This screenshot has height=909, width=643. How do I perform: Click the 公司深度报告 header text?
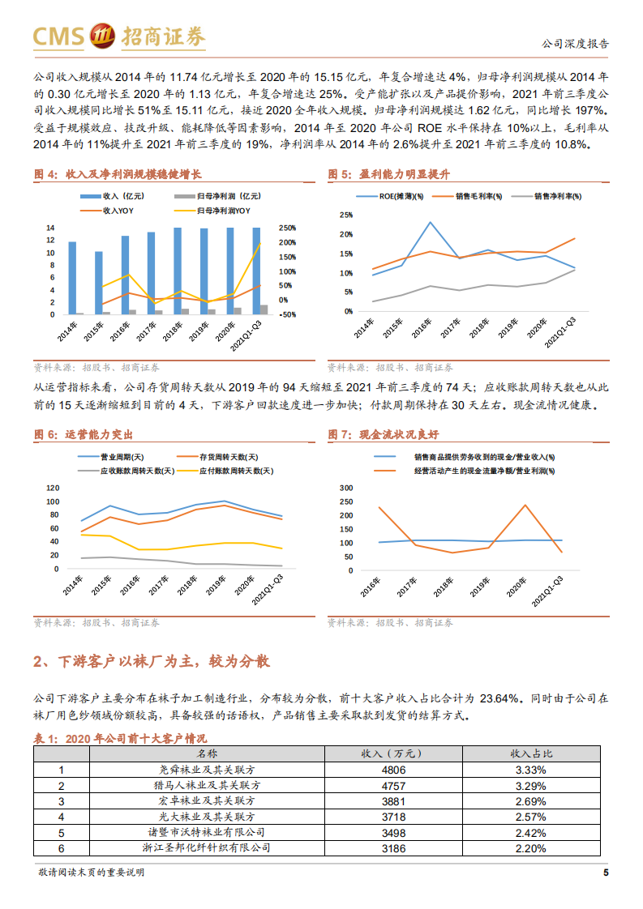click(575, 45)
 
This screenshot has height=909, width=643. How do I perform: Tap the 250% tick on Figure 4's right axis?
click(288, 228)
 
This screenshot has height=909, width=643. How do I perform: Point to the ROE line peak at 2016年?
click(430, 222)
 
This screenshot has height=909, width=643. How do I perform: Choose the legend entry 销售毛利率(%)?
click(477, 197)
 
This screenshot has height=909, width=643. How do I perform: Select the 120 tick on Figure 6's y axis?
click(54, 488)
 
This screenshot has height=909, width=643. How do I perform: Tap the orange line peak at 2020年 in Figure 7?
click(525, 506)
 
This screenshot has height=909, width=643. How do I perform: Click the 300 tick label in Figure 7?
click(345, 488)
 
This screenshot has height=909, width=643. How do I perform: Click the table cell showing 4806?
click(392, 770)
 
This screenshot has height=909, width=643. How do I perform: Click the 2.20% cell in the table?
click(530, 847)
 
